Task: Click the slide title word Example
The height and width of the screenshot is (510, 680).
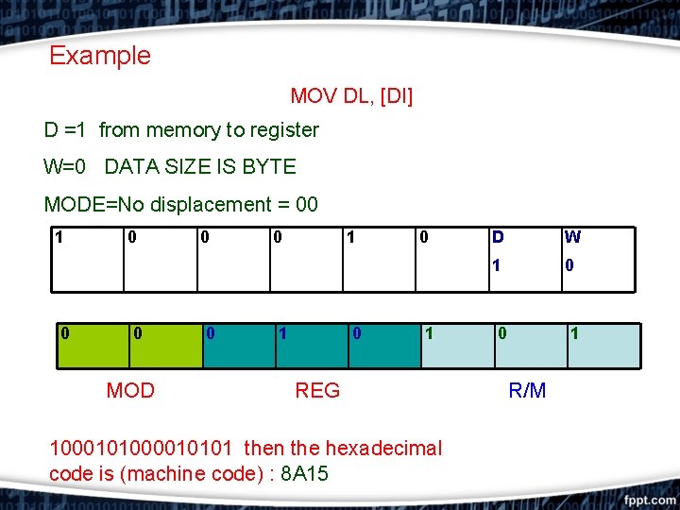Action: pyautogui.click(x=99, y=56)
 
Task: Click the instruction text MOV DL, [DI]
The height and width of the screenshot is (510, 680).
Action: pyautogui.click(x=351, y=96)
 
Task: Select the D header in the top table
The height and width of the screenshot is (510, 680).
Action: pyautogui.click(x=498, y=237)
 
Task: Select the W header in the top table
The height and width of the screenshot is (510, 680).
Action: pyautogui.click(x=571, y=237)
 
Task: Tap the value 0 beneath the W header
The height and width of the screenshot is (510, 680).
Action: pyautogui.click(x=569, y=265)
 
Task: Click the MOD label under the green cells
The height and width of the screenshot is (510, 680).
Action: pyautogui.click(x=130, y=390)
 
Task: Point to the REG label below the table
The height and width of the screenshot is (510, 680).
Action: pyautogui.click(x=317, y=390)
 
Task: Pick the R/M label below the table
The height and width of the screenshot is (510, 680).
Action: pyautogui.click(x=527, y=390)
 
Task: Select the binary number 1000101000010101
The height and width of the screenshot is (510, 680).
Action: pyautogui.click(x=142, y=448)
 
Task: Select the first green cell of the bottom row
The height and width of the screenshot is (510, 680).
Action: pyautogui.click(x=88, y=345)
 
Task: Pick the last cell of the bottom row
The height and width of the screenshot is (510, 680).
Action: pyautogui.click(x=602, y=345)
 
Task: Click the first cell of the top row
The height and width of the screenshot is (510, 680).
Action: pyautogui.click(x=88, y=258)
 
